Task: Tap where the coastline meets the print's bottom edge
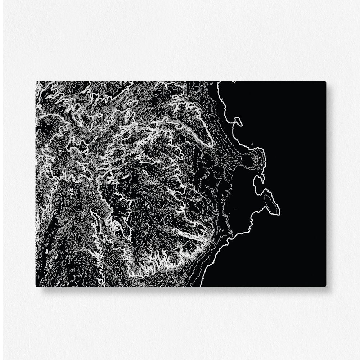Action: pyautogui.click(x=201, y=286)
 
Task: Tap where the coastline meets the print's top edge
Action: pyautogui.click(x=218, y=82)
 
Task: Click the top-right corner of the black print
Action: pyautogui.click(x=325, y=82)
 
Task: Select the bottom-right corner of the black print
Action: pyautogui.click(x=325, y=286)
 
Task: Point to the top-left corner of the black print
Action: pyautogui.click(x=36, y=82)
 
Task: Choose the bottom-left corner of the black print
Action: pyautogui.click(x=36, y=286)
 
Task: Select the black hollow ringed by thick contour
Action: pyautogui.click(x=84, y=145)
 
